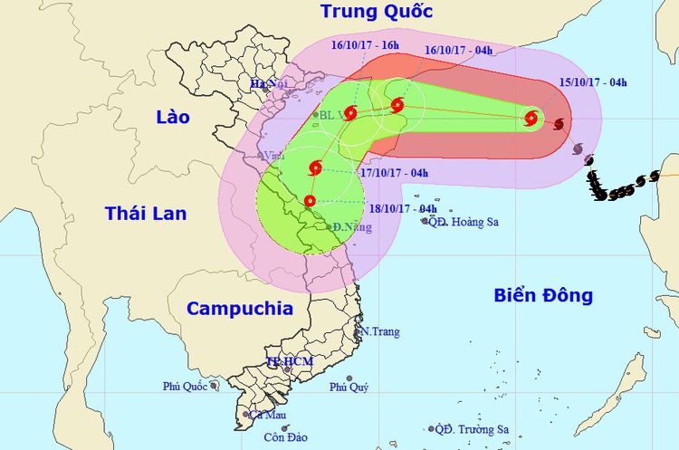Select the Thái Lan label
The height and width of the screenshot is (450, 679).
point(145,213)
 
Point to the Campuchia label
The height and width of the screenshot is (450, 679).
point(240,308)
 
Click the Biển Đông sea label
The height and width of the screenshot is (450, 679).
point(543,294)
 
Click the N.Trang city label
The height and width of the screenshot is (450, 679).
point(380,332)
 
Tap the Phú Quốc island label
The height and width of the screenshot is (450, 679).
point(186,386)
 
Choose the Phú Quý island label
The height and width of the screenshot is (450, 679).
point(349,387)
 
